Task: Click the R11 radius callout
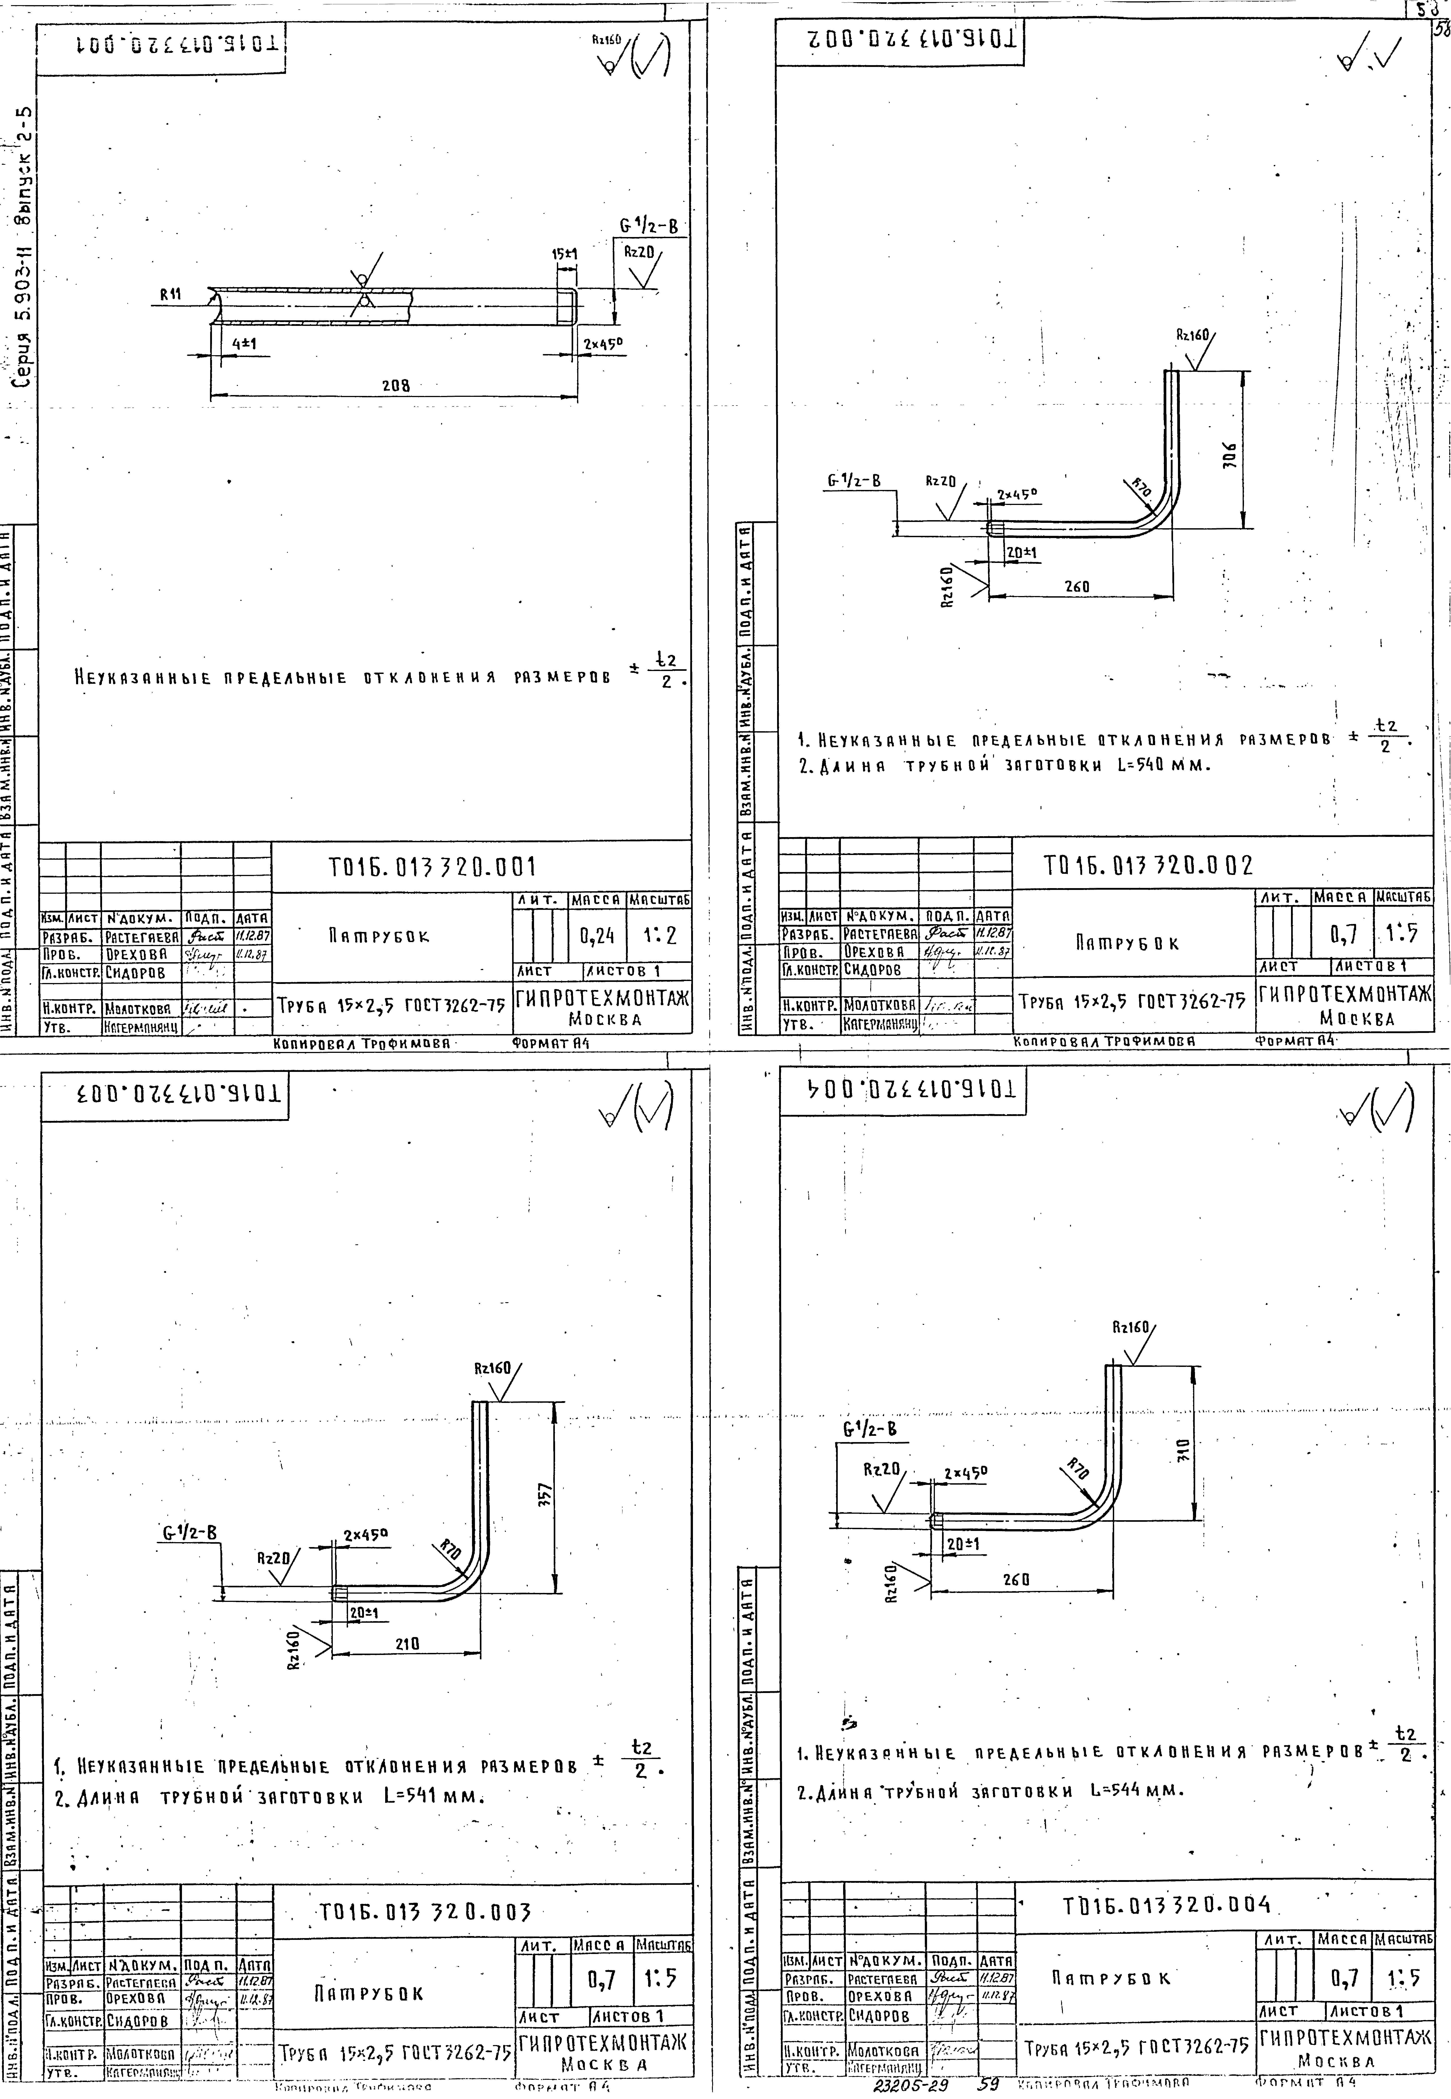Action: click(x=170, y=295)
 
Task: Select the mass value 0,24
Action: click(x=597, y=934)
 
